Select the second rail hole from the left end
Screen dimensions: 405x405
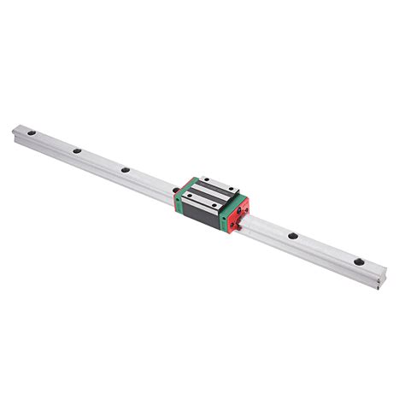pyautogui.click(x=77, y=151)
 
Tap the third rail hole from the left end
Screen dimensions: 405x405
pyautogui.click(x=125, y=169)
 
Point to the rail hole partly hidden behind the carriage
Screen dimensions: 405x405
pyautogui.click(x=174, y=189)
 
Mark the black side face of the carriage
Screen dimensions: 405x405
pyautogui.click(x=202, y=217)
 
